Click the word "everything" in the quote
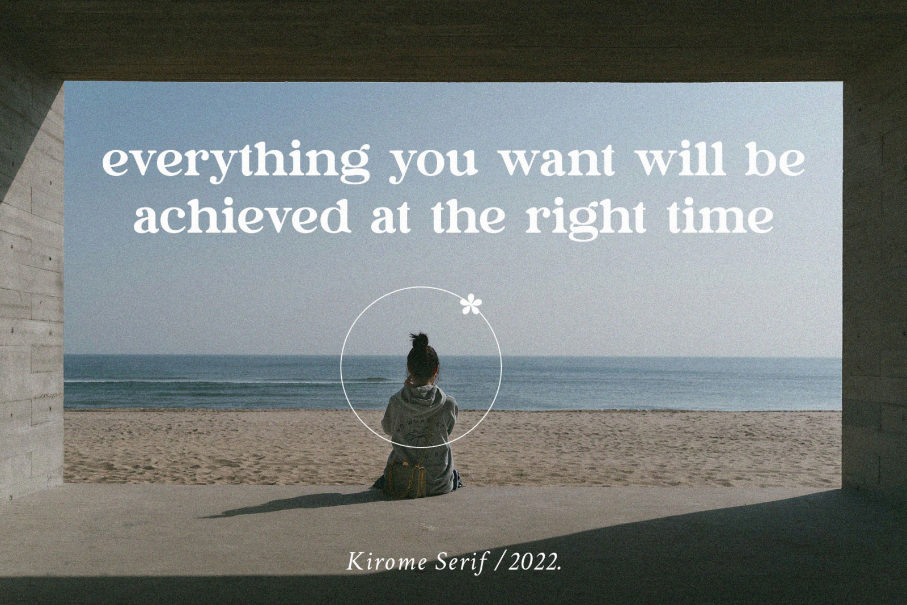[236, 162]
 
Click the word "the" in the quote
[468, 215]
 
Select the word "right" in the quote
[585, 219]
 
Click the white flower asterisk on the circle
[471, 304]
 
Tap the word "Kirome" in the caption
[386, 562]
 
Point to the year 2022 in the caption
[535, 562]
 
